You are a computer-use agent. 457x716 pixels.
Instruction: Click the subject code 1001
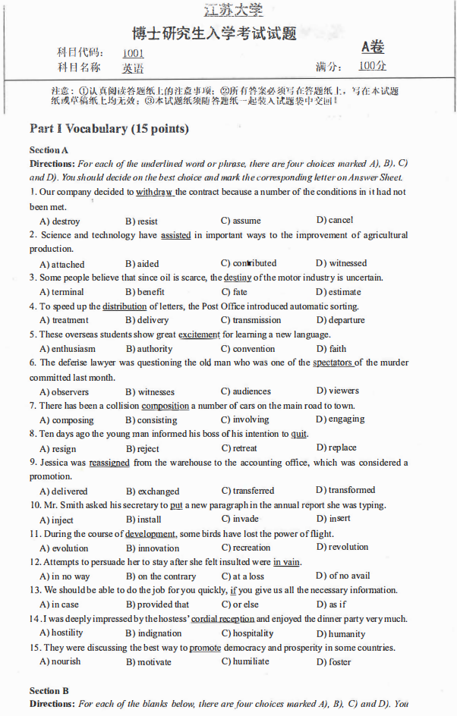click(x=133, y=53)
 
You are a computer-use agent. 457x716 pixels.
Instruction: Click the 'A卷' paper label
click(x=373, y=47)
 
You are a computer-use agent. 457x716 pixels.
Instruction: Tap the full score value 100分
click(x=372, y=66)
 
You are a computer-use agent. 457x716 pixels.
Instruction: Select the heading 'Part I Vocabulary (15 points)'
click(x=109, y=128)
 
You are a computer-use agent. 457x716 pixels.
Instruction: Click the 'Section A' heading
click(x=49, y=150)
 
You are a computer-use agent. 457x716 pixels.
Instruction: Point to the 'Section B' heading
click(x=49, y=691)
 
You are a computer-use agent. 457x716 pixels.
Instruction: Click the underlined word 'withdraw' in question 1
click(x=155, y=192)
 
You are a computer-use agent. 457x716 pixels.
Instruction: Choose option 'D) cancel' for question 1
click(x=335, y=220)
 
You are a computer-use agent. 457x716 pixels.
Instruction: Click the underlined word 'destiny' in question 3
click(x=238, y=278)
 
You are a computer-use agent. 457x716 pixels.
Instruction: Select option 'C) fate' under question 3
click(x=235, y=292)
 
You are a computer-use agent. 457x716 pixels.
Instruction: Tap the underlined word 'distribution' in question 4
click(x=124, y=306)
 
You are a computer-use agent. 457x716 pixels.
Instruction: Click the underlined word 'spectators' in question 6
click(x=333, y=363)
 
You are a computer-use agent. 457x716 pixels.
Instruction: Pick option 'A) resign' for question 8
click(x=58, y=448)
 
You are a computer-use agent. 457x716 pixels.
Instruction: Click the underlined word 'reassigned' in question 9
click(x=109, y=463)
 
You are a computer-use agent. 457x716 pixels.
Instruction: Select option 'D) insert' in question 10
click(x=333, y=519)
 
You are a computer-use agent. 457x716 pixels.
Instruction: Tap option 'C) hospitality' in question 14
click(x=247, y=633)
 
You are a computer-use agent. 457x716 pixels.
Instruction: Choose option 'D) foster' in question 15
click(x=334, y=661)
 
